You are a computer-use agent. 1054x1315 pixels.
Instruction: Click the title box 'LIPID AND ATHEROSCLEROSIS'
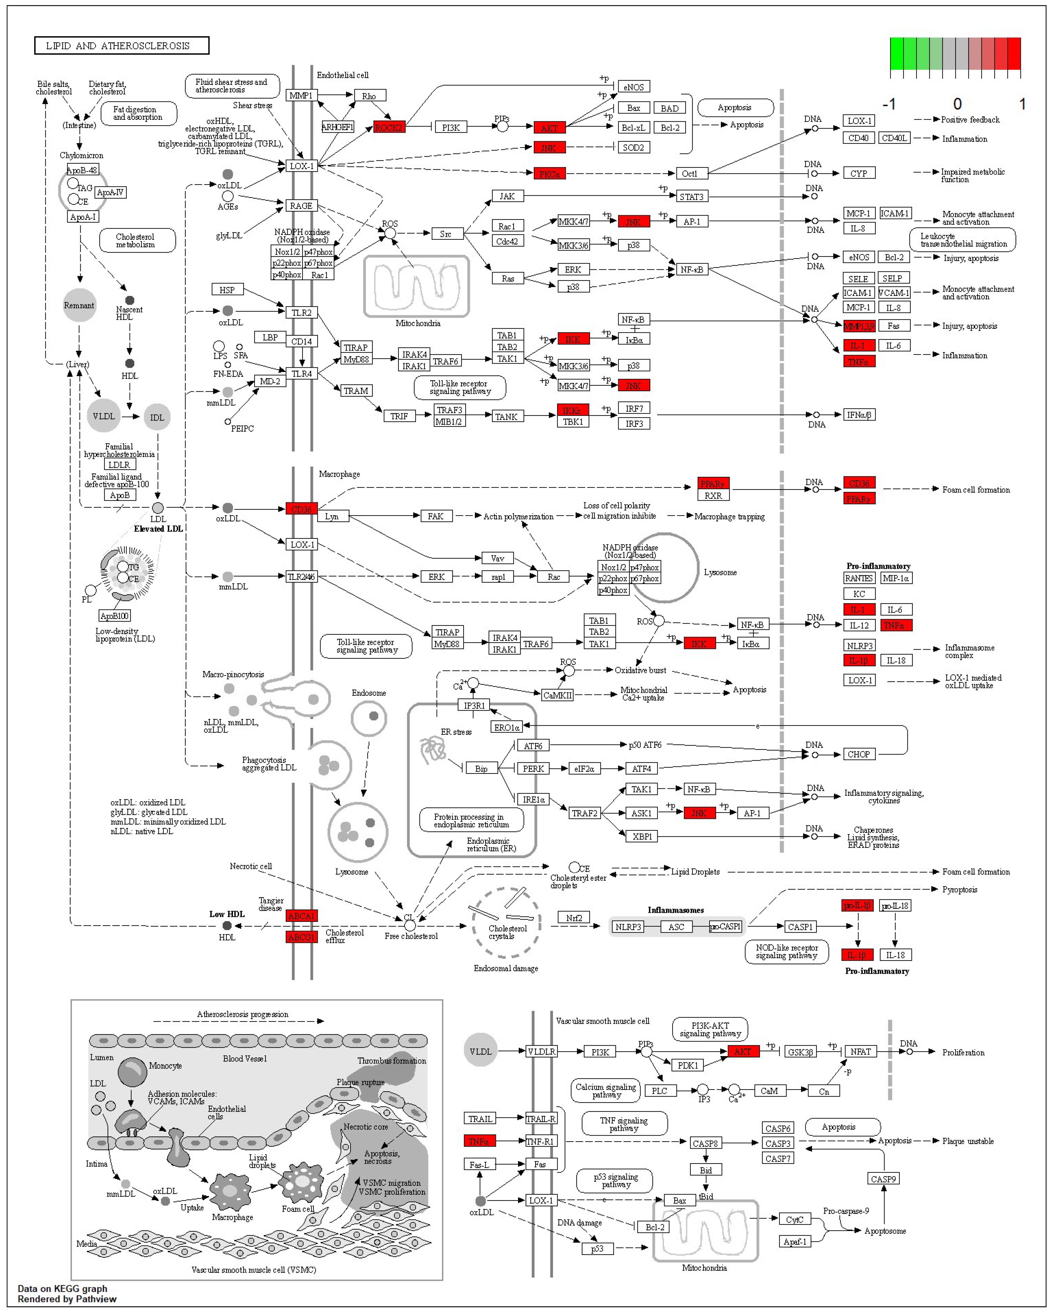121,46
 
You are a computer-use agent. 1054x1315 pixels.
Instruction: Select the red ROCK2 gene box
388,128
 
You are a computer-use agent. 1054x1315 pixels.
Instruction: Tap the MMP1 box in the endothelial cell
301,95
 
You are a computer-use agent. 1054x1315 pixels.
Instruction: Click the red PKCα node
549,174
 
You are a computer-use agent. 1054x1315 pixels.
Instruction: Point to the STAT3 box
692,196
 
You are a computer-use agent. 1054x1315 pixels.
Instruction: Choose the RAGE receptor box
301,206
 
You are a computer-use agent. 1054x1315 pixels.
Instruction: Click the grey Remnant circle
79,305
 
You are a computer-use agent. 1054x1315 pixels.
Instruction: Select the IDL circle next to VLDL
157,417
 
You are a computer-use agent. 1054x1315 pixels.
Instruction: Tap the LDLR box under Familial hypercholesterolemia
119,465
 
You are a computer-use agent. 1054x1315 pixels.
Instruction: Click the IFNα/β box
859,415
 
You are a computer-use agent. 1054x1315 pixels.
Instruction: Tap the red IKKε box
572,410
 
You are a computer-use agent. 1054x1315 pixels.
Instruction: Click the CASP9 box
883,1179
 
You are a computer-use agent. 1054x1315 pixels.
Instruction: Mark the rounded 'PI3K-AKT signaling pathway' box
710,1029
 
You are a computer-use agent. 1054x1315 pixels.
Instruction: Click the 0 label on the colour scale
957,104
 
